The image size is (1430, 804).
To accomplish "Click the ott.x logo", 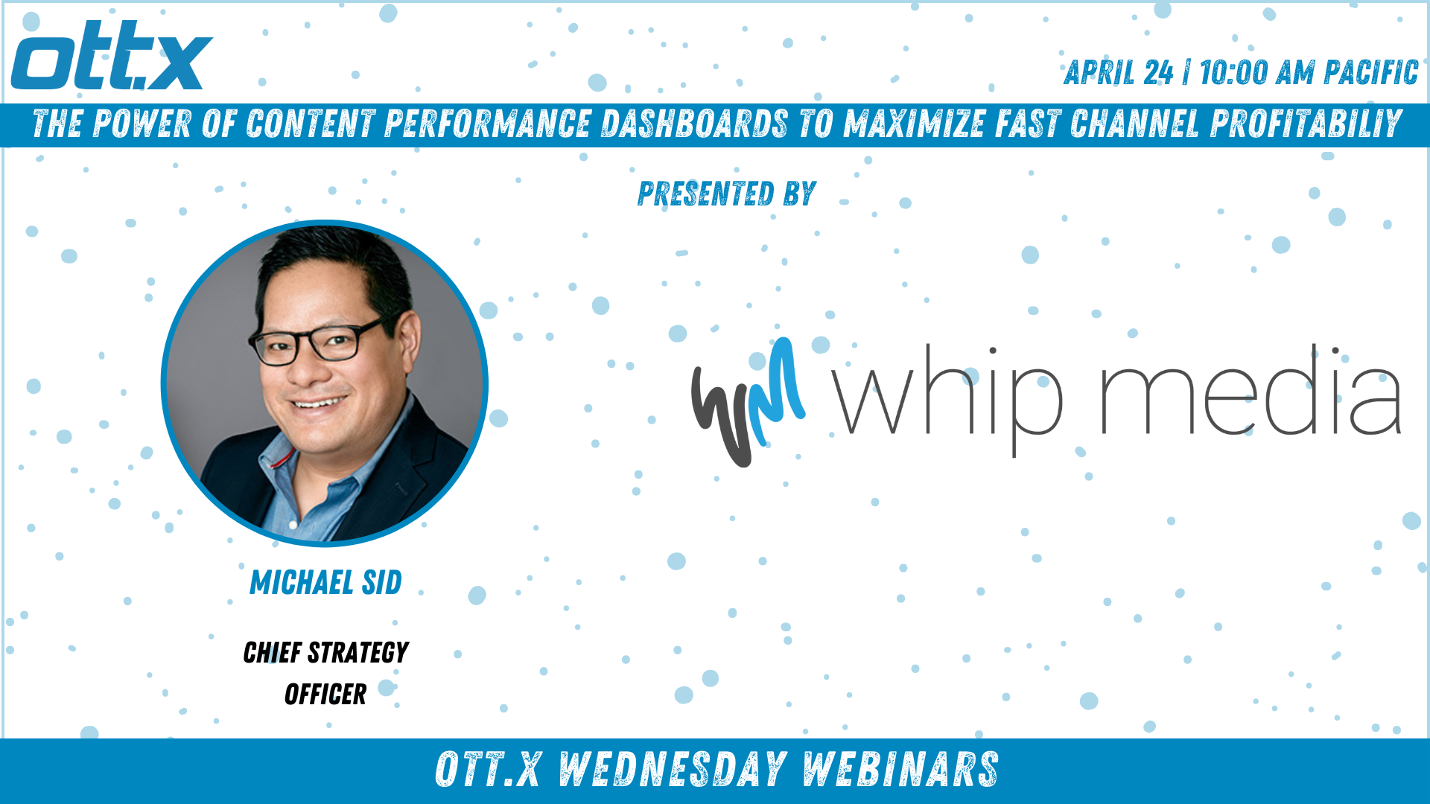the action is pyautogui.click(x=112, y=56).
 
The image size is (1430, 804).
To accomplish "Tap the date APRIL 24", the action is pyautogui.click(x=1119, y=73).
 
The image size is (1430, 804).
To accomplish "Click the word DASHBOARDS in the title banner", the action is pyautogui.click(x=693, y=124).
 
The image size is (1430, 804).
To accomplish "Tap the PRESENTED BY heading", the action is pyautogui.click(x=727, y=194).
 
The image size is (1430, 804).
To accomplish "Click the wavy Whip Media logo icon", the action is pyautogui.click(x=748, y=402).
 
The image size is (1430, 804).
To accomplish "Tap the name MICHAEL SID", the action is pyautogui.click(x=325, y=582).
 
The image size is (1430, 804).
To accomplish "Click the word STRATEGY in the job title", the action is pyautogui.click(x=358, y=653).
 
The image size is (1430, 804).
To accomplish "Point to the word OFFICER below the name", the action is pyautogui.click(x=325, y=695).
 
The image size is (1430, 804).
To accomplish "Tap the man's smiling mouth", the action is pyautogui.click(x=320, y=403).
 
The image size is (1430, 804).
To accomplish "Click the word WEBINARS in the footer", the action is pyautogui.click(x=900, y=770).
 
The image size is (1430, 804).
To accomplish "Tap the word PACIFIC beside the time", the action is pyautogui.click(x=1371, y=73).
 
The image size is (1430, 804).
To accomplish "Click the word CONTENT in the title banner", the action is pyautogui.click(x=311, y=124).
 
